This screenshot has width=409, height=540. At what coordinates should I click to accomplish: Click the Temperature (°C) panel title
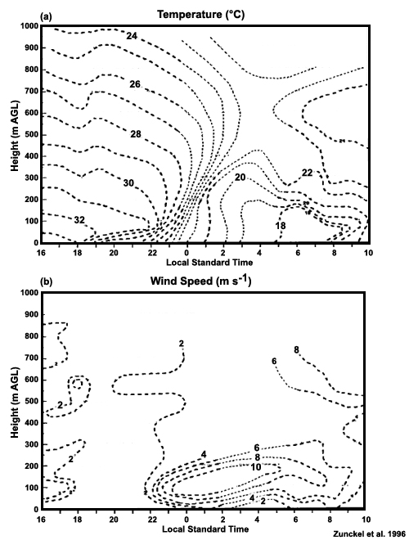click(x=200, y=15)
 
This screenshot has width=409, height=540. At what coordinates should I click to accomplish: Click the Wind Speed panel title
click(x=200, y=281)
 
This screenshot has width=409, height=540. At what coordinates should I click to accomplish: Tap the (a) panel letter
click(x=46, y=16)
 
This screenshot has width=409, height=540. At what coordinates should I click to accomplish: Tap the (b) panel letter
click(x=46, y=282)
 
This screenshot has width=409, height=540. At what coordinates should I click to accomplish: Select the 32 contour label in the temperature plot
click(x=79, y=220)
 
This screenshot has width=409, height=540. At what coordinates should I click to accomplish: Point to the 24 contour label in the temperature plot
click(x=132, y=35)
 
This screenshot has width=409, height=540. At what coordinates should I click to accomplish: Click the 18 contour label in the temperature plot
click(x=281, y=226)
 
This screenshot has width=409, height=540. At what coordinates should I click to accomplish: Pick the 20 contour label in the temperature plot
click(x=240, y=177)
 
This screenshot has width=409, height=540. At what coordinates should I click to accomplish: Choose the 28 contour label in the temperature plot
click(x=135, y=134)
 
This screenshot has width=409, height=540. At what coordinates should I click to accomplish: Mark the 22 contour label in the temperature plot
click(x=307, y=173)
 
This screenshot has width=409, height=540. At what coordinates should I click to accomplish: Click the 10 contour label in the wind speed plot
click(x=256, y=467)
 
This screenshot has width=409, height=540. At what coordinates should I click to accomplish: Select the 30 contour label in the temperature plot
click(x=128, y=183)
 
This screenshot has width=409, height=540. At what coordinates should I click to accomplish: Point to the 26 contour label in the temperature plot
click(x=135, y=84)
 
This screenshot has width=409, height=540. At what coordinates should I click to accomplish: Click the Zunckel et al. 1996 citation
click(x=369, y=533)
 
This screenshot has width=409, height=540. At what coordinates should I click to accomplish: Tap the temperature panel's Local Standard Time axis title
click(x=209, y=263)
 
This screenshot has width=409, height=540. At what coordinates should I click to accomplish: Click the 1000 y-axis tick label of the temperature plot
click(x=29, y=26)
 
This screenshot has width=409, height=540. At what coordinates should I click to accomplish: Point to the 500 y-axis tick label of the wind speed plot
click(x=31, y=402)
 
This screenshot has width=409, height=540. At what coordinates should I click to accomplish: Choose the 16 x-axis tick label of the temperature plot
click(x=42, y=253)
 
